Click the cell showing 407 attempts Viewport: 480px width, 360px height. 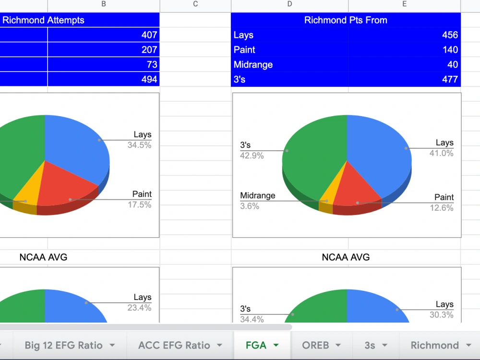tap(104, 35)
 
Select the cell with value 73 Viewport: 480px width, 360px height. tap(104, 64)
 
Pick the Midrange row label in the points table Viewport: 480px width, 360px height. tap(253, 65)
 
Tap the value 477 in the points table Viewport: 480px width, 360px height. tap(450, 79)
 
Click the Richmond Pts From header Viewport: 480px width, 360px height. tap(346, 20)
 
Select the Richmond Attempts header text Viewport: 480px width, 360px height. tap(43, 20)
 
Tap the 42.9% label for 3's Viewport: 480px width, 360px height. tap(252, 156)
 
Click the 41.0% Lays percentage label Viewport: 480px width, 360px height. tap(442, 153)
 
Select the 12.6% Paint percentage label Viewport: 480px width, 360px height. tap(442, 208)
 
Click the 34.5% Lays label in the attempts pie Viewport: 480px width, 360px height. tap(139, 145)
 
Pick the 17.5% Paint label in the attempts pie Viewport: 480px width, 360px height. tap(139, 204)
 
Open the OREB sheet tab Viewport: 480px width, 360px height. tap(322, 345)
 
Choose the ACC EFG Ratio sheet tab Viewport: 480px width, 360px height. tap(180, 345)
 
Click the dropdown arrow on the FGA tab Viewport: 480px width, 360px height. tap(276, 345)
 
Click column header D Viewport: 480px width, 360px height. tap(289, 4)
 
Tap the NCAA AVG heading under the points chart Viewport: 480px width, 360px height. tap(346, 257)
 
